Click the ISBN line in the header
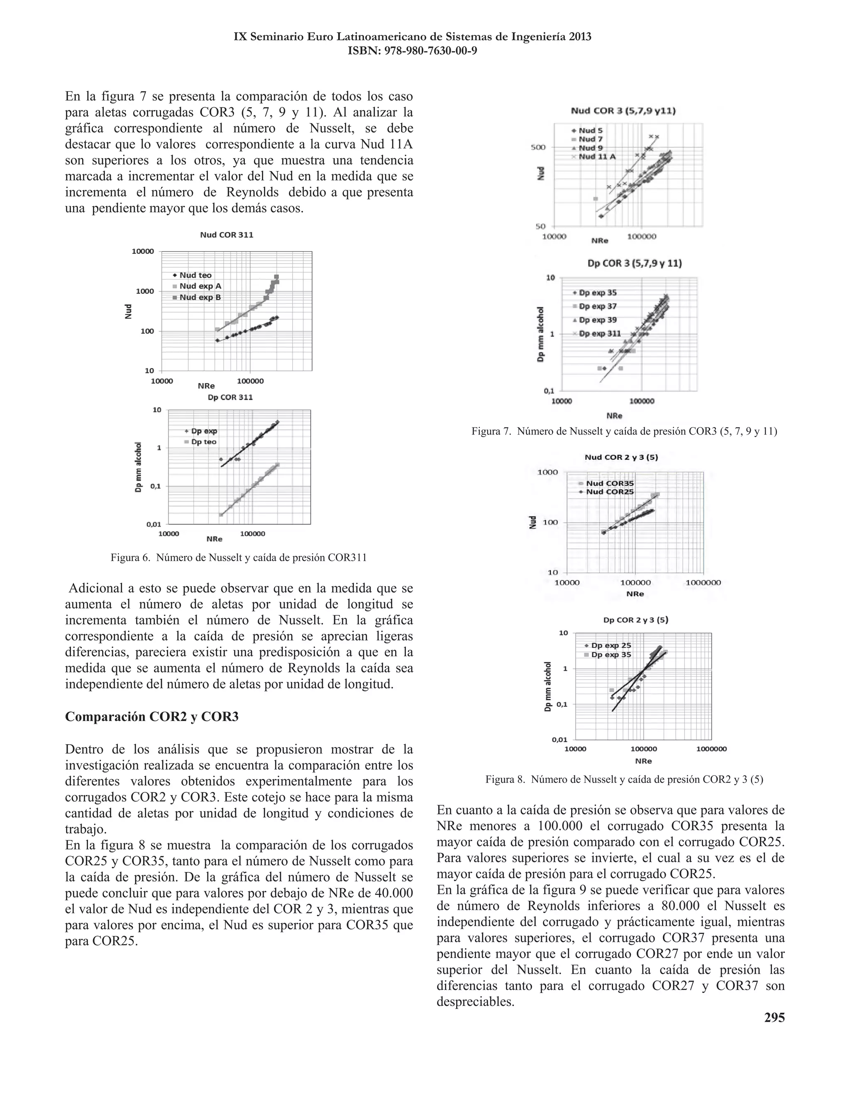[413, 51]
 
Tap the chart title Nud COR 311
[227, 235]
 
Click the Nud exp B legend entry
[200, 297]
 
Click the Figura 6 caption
[239, 557]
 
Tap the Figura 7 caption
[624, 431]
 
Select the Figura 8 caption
[624, 779]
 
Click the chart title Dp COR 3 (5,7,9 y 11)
[635, 264]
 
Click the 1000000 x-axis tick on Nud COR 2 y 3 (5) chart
[703, 582]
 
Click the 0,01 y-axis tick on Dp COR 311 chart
[154, 524]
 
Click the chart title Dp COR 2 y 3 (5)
[635, 619]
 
